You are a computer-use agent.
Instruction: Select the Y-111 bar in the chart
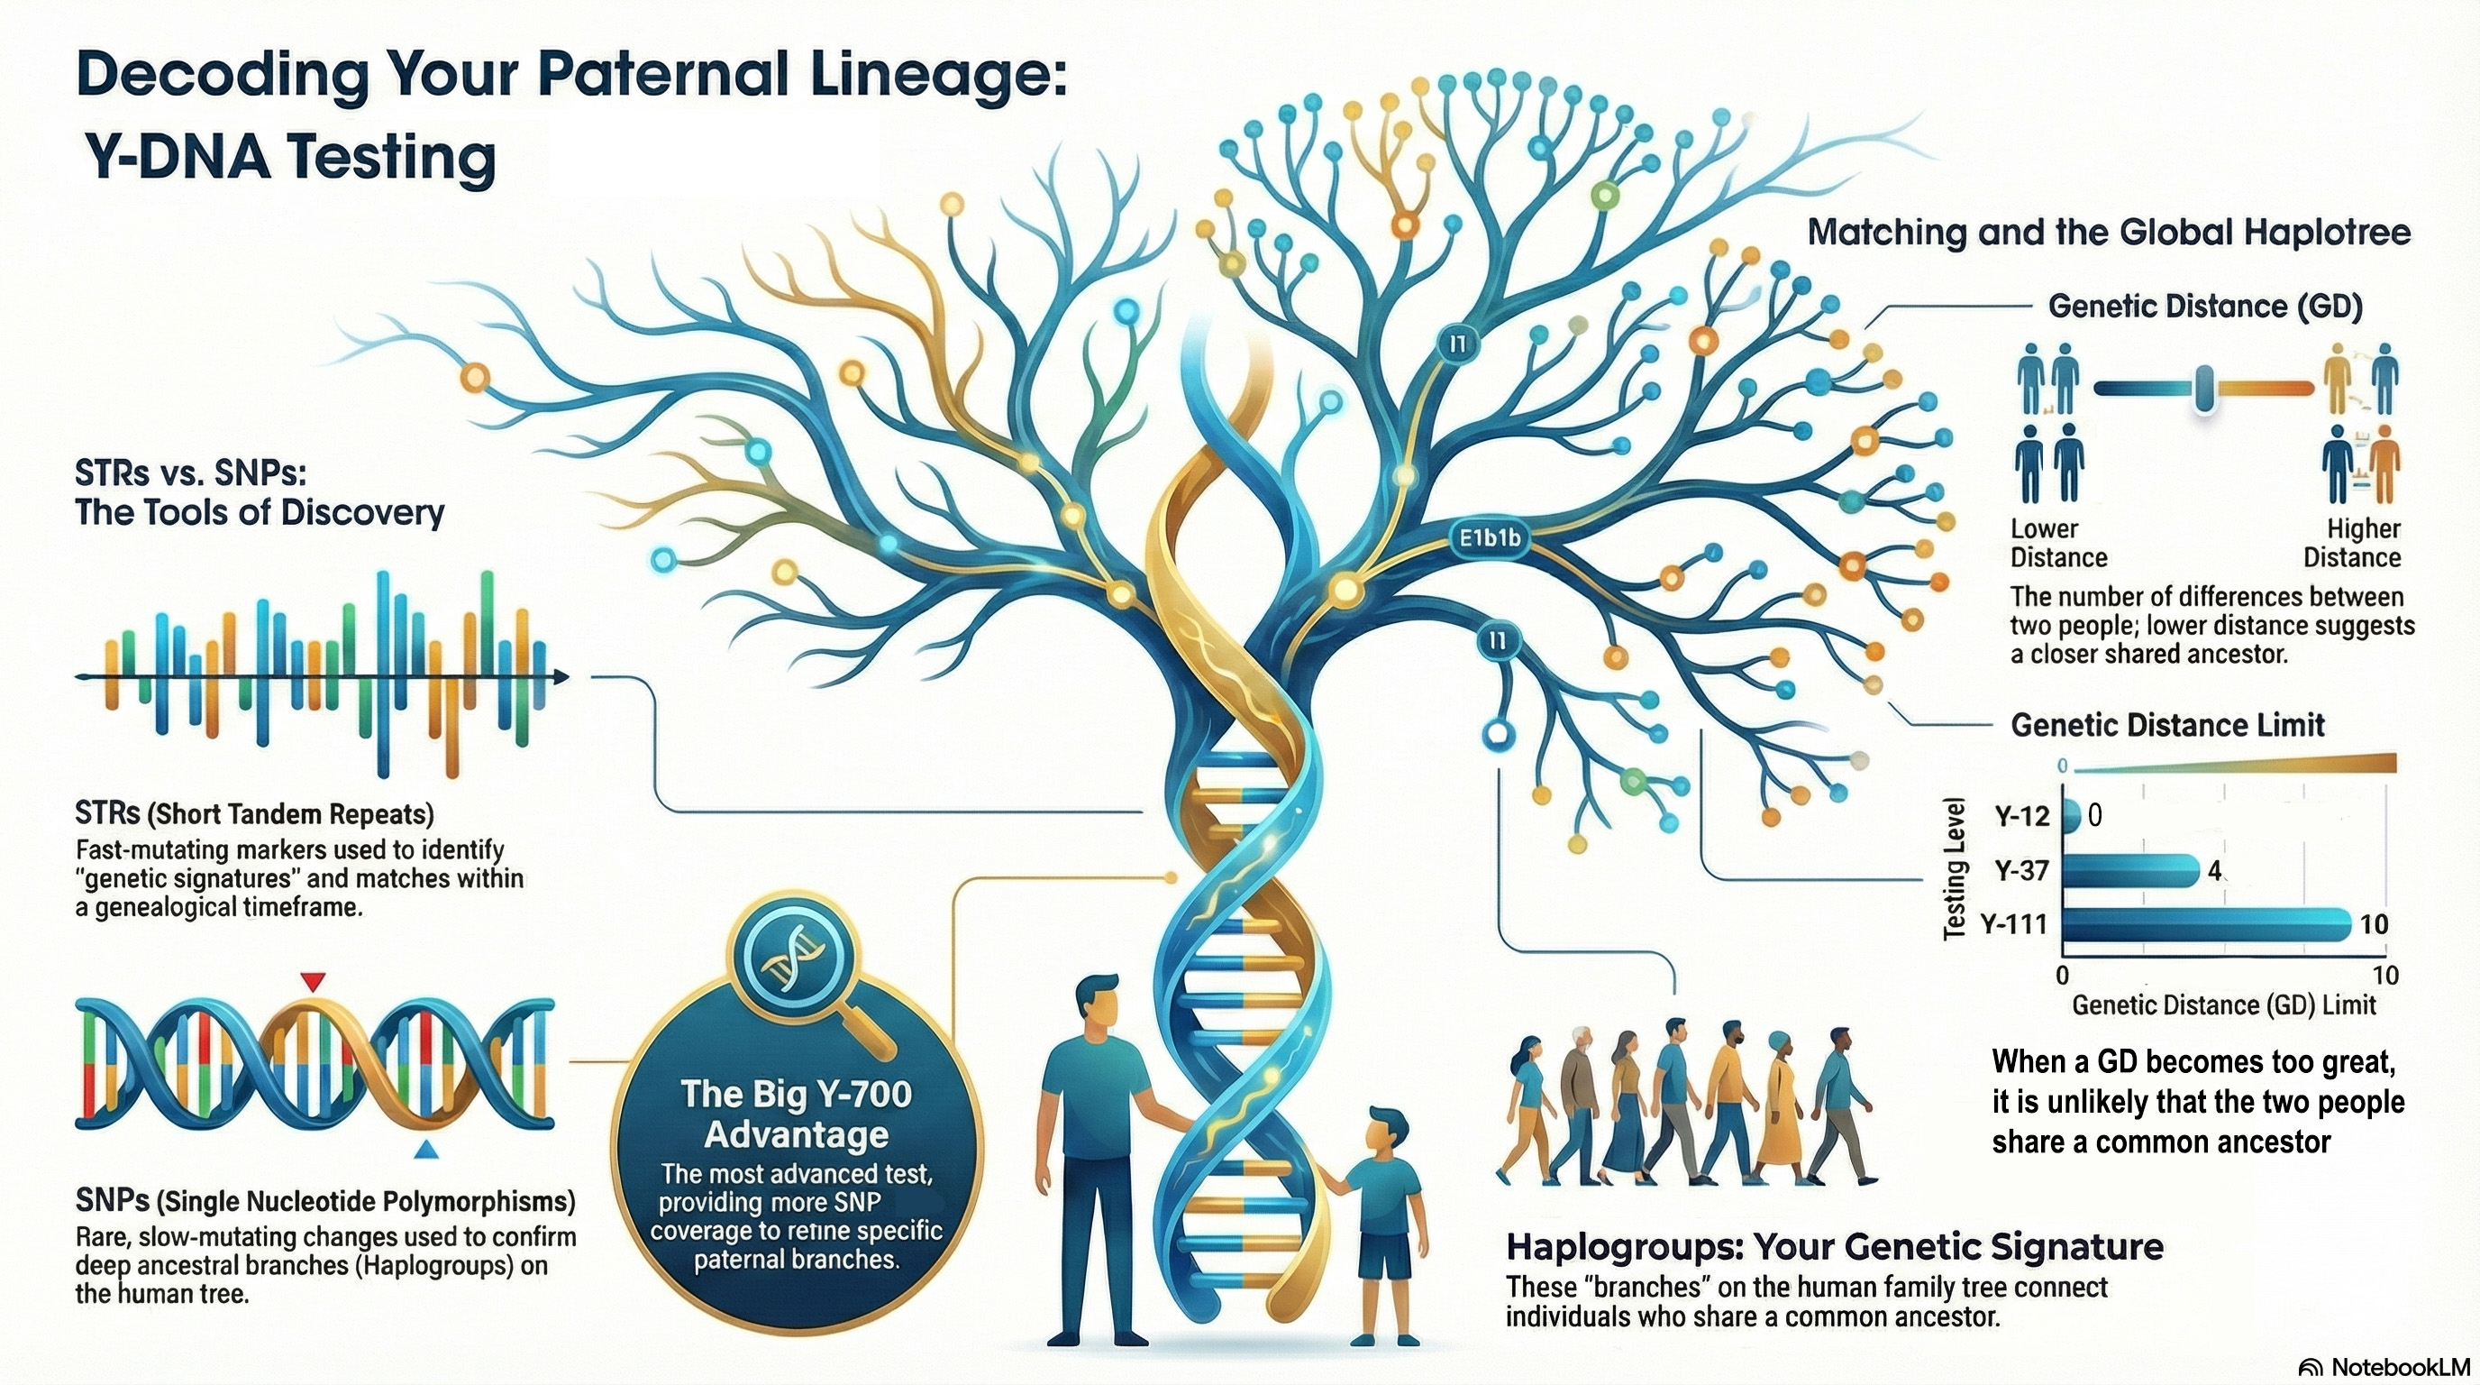(2207, 924)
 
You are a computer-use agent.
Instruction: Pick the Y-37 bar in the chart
(2130, 871)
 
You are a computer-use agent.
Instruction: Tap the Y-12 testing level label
(2021, 817)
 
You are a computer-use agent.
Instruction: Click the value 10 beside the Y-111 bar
(2374, 924)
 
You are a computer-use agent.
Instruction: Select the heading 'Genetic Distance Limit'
(2168, 724)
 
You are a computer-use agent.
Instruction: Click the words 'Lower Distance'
(2058, 543)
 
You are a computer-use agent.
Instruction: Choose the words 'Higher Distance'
(2351, 543)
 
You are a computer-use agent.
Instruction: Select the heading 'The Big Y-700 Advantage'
(797, 1114)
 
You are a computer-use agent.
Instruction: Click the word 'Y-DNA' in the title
(178, 157)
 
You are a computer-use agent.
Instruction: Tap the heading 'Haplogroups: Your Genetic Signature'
(1835, 1247)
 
